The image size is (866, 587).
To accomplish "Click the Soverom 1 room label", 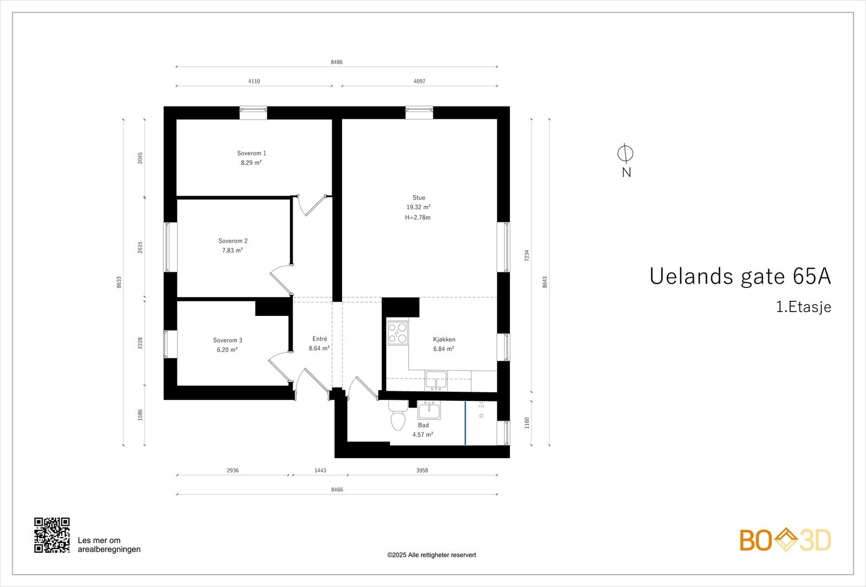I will click(251, 153).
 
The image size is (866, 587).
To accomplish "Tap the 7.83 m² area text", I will click(232, 250).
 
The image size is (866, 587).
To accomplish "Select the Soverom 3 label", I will click(227, 340).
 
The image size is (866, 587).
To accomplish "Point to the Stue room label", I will click(418, 197).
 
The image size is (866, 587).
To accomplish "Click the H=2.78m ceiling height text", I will click(418, 217).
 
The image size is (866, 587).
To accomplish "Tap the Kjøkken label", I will click(444, 339).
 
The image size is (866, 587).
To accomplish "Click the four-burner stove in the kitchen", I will click(398, 333).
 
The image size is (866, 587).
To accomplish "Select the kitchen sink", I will click(436, 380).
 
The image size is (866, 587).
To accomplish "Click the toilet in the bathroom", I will click(398, 417).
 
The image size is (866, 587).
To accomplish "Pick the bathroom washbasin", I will click(429, 411).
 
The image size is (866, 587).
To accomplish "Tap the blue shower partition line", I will click(465, 423).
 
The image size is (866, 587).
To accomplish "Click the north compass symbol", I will click(626, 154).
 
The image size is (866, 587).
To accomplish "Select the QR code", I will click(52, 535).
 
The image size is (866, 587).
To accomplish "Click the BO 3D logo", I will click(785, 540).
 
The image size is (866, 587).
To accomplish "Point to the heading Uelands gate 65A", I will click(740, 276).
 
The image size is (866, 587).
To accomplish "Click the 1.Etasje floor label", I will click(803, 307).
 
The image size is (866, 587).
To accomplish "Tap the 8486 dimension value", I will click(337, 62).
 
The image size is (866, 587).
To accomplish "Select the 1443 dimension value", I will click(320, 471).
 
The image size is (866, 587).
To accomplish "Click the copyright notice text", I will click(431, 555).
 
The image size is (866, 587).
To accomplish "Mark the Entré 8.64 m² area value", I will click(319, 348).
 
